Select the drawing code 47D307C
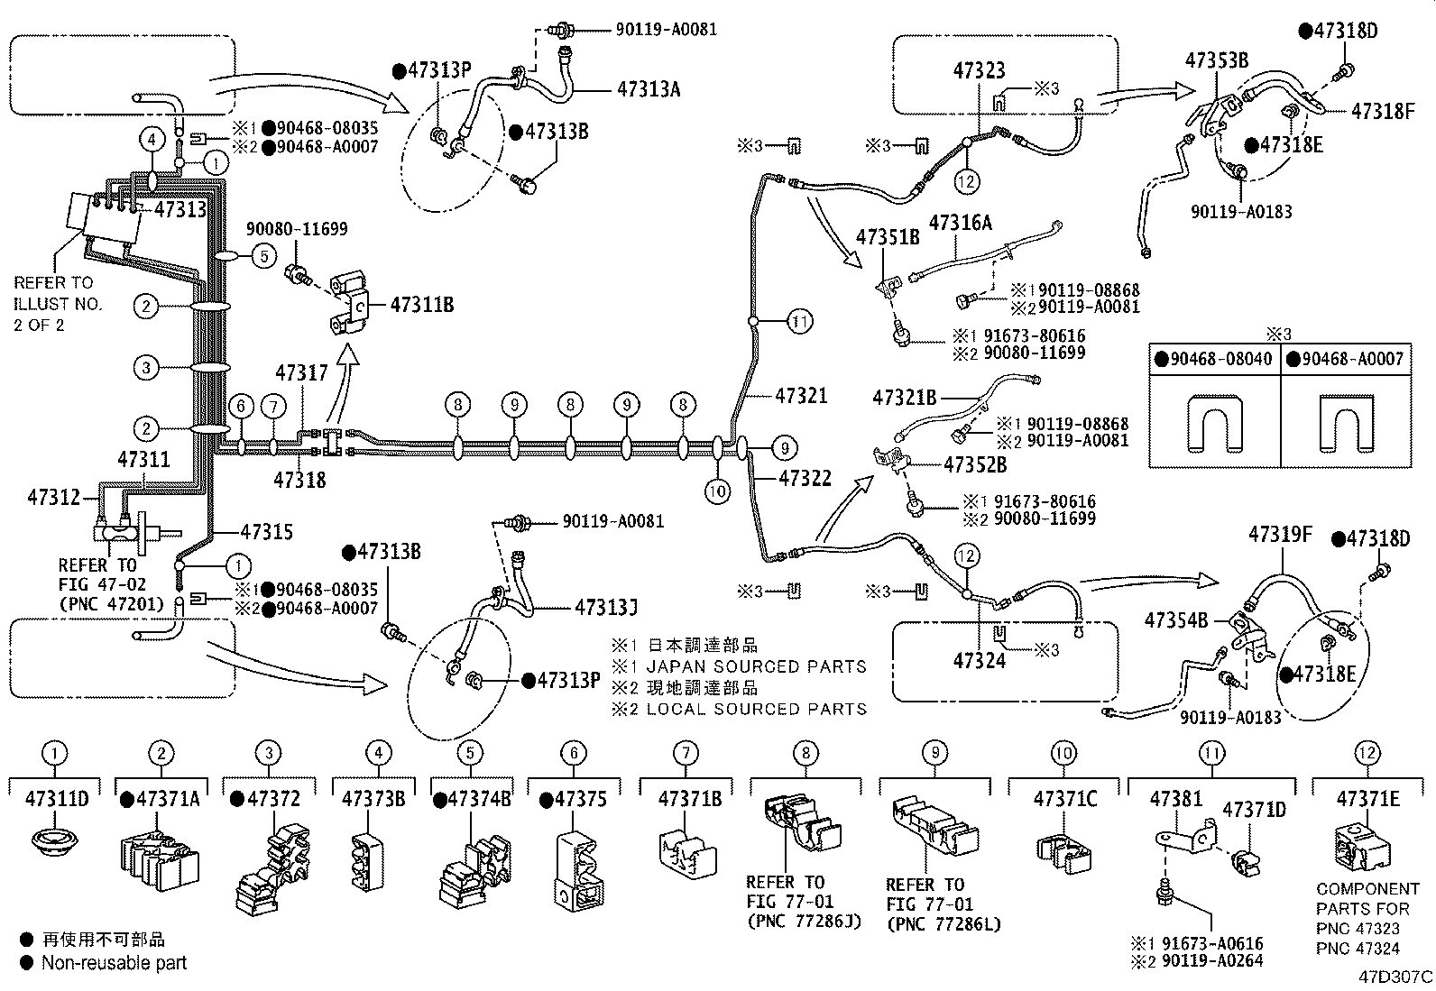click(1395, 977)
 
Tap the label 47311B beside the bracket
click(421, 305)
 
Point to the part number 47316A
click(961, 223)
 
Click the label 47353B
click(1216, 60)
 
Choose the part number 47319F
click(1280, 535)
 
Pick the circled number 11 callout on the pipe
click(799, 320)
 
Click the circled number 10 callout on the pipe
click(717, 491)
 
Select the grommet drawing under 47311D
click(56, 846)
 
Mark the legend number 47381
click(1175, 799)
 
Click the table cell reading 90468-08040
click(1220, 359)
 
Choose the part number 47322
click(805, 478)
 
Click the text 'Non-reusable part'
click(114, 963)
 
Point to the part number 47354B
click(1175, 619)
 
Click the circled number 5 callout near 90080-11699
click(263, 256)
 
